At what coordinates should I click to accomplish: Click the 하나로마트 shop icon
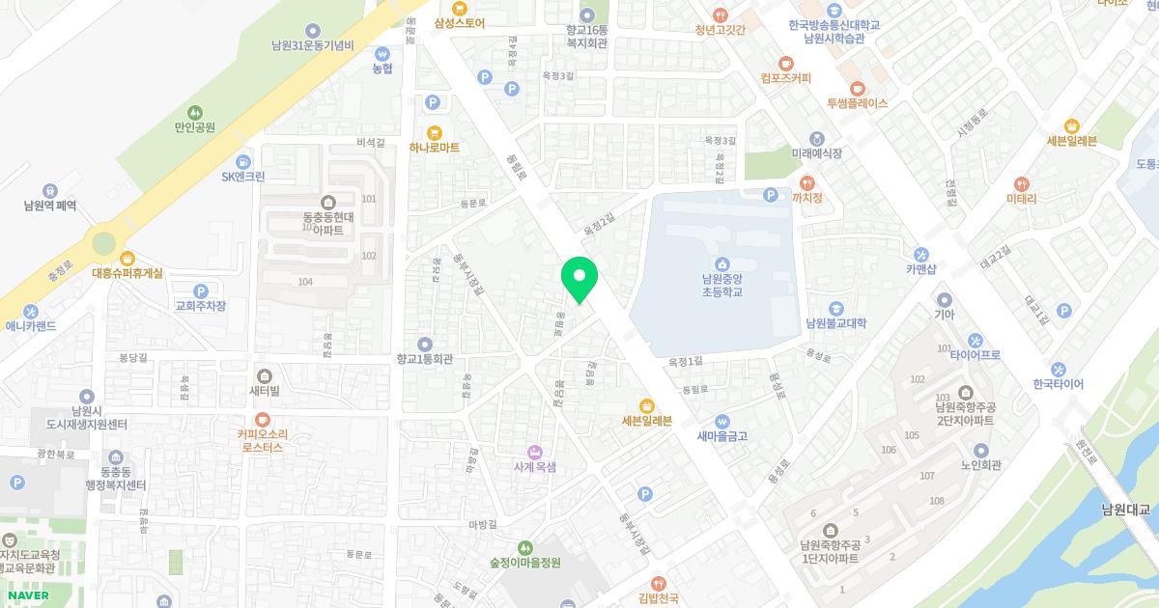(434, 131)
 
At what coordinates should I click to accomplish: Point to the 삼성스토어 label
(460, 22)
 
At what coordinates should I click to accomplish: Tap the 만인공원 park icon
(195, 111)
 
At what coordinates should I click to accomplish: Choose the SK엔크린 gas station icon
(243, 160)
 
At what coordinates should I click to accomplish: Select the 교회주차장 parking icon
(201, 290)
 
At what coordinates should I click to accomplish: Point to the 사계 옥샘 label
(533, 466)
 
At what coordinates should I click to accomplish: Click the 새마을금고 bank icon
(722, 420)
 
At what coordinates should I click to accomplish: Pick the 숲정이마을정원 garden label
(525, 563)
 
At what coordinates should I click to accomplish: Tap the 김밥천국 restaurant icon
(659, 583)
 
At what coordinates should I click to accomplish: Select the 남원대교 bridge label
(1129, 510)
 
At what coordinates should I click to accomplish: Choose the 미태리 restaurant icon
(1021, 183)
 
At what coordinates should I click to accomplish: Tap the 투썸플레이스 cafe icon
(857, 87)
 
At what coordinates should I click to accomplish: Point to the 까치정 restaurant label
(807, 198)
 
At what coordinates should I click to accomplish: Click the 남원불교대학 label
(836, 323)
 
